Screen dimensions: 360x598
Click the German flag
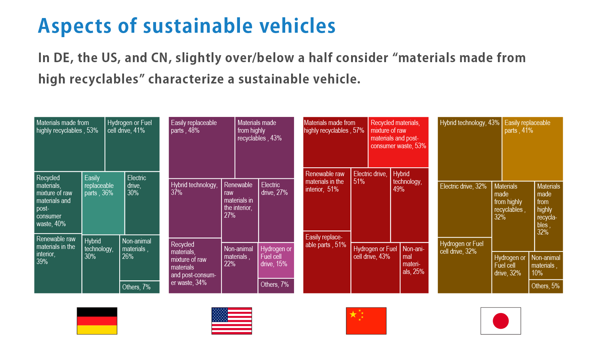click(97, 321)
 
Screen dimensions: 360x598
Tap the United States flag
click(231, 321)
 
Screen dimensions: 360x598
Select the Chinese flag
click(366, 321)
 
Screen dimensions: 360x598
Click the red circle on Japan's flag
click(500, 321)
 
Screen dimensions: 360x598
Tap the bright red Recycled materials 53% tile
click(398, 142)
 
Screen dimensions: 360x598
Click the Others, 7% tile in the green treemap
click(139, 287)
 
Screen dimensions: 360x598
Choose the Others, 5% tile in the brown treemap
click(546, 286)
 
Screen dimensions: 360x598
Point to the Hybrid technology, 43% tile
click(469, 149)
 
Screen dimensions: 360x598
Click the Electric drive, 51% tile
click(370, 204)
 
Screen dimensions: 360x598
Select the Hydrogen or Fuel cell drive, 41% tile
click(132, 144)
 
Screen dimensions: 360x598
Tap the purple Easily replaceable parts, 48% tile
click(201, 147)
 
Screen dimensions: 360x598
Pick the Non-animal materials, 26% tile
click(139, 257)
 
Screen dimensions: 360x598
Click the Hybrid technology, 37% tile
click(195, 208)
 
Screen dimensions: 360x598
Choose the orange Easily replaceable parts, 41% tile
click(532, 149)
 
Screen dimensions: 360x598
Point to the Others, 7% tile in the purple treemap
click(276, 286)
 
